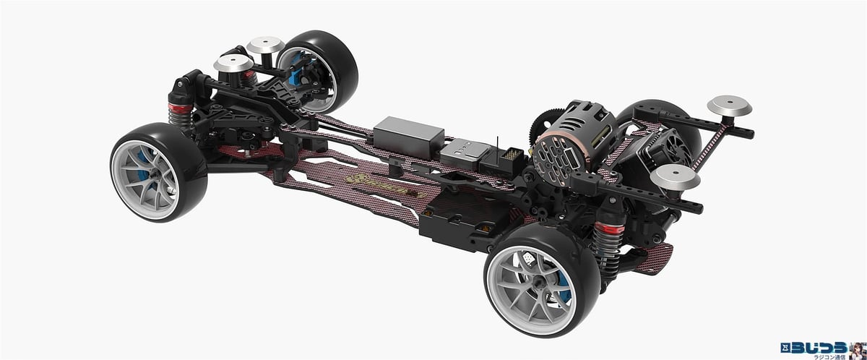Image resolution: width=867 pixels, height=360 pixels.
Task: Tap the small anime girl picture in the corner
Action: [858, 346]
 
